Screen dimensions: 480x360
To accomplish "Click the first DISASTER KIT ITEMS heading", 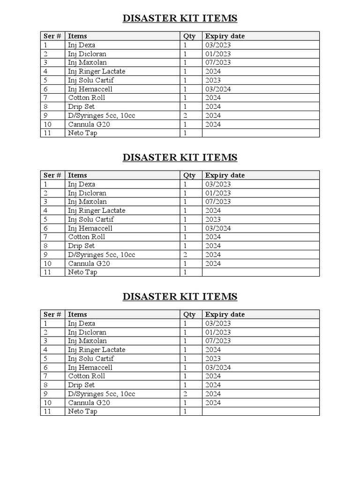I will [180, 18].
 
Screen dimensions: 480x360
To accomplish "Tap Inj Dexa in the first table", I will [81, 45].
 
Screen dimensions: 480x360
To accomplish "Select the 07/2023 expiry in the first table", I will [217, 62].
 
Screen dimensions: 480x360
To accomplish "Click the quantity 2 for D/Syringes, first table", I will [185, 115].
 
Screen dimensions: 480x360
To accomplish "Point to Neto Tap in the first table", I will [82, 133].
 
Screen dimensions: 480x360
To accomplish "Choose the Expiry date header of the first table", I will [225, 36].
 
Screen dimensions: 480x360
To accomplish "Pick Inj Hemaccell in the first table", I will [90, 89].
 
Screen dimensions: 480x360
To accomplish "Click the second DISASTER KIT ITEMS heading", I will [180, 157].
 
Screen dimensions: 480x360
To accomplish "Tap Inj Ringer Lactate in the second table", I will [96, 210].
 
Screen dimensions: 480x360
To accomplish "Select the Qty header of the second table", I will [189, 175].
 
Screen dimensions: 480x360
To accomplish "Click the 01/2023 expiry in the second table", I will [217, 193].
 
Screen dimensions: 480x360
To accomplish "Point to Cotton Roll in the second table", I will [86, 237].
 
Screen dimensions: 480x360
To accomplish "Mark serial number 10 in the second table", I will [47, 263].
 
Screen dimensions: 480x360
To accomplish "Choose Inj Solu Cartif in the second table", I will [90, 219].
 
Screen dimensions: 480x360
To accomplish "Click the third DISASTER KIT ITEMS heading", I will [180, 297].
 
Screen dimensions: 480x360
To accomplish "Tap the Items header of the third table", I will [77, 315].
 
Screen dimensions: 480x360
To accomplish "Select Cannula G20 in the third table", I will [89, 403].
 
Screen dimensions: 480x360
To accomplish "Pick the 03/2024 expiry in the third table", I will [217, 367].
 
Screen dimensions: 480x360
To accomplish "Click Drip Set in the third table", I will [81, 385].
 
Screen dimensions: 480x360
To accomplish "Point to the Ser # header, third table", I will [52, 315].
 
